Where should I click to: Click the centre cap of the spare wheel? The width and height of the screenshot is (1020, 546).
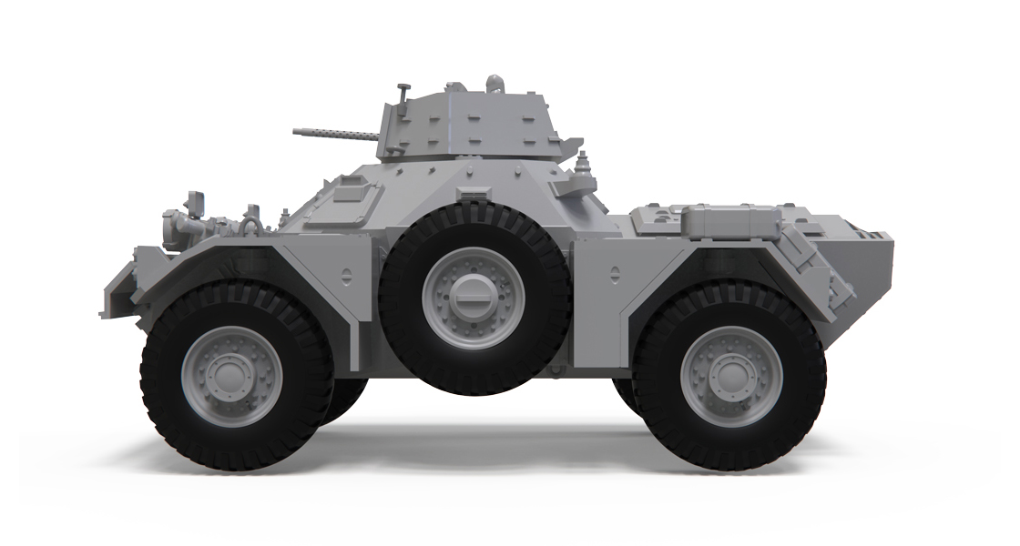(x=474, y=295)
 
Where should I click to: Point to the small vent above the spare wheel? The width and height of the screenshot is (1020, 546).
(x=472, y=194)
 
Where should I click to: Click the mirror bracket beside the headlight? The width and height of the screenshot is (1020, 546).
(x=194, y=200)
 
